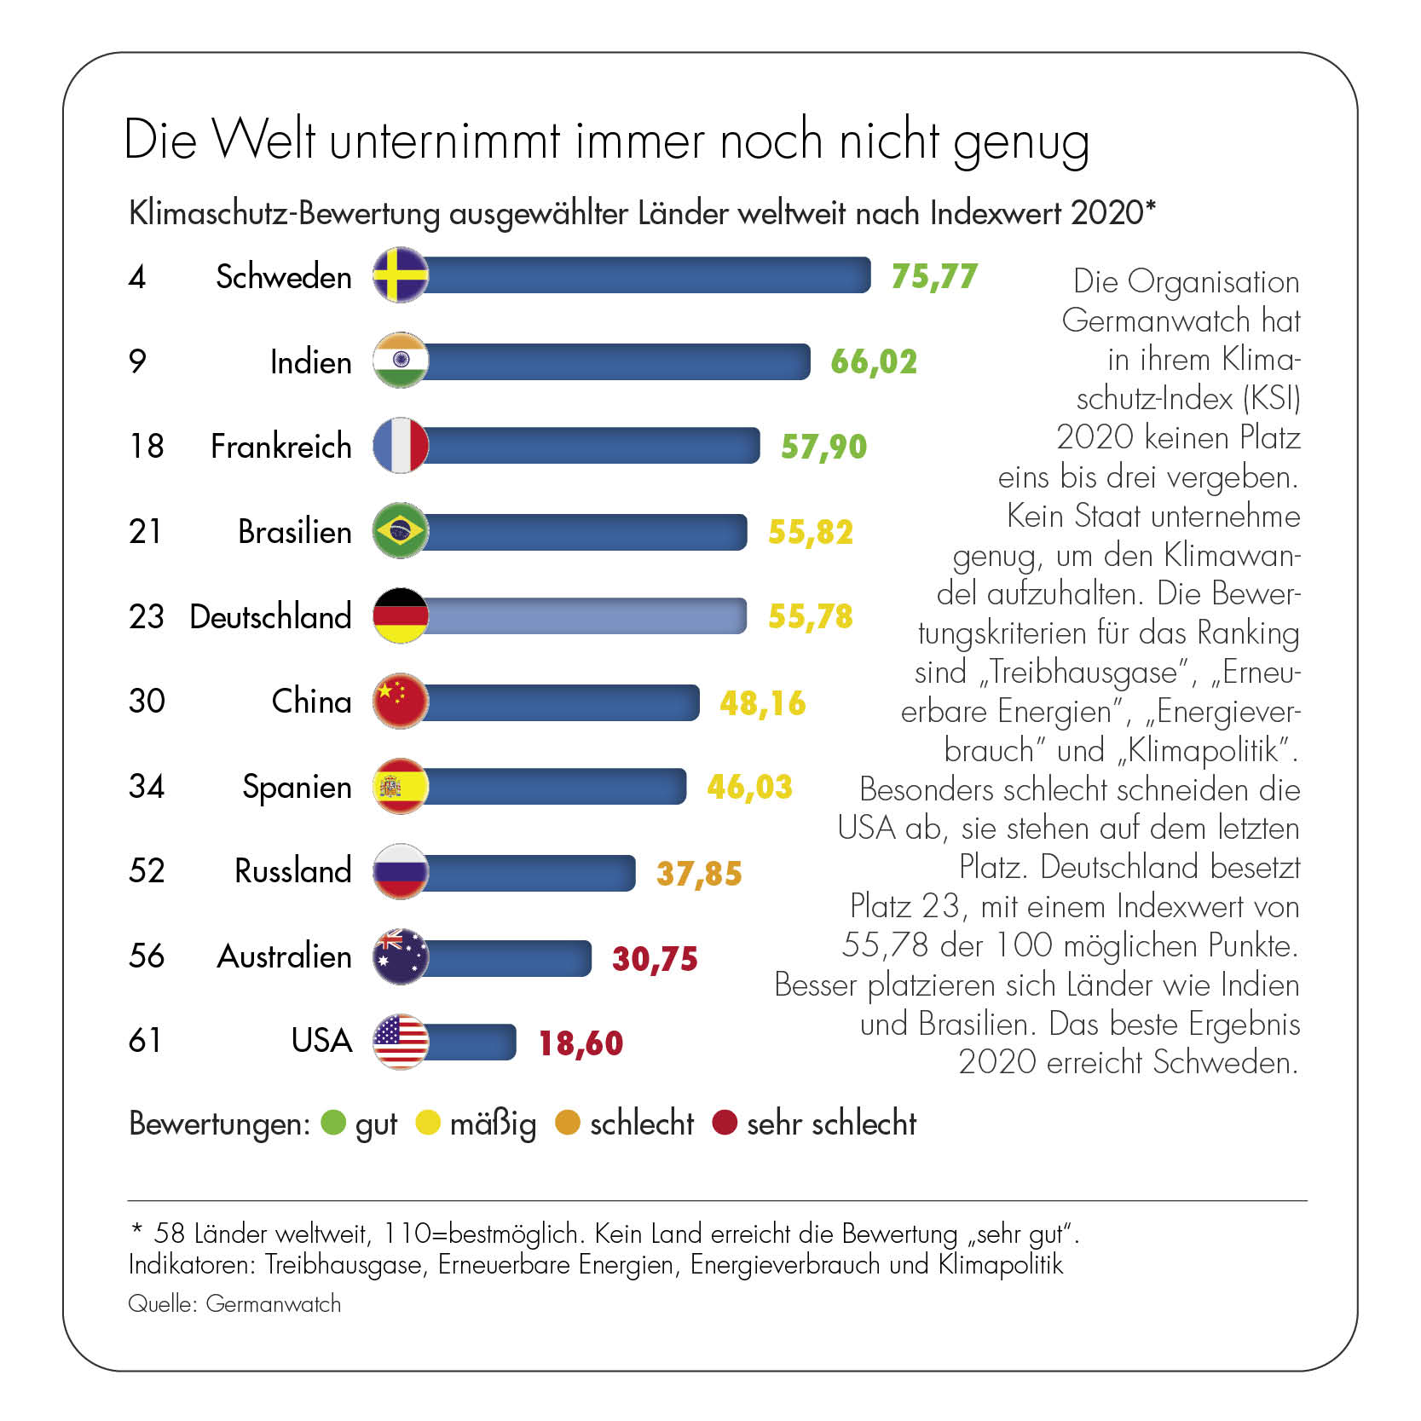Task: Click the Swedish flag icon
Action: pos(401,275)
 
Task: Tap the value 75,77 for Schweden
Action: pos(933,276)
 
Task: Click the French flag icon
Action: pos(401,445)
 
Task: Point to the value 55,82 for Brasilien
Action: pos(810,532)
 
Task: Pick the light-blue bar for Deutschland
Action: pos(585,615)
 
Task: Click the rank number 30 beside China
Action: pos(147,701)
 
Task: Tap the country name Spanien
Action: pos(297,786)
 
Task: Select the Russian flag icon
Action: pos(401,870)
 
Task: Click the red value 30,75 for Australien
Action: pos(655,958)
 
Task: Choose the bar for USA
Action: pos(470,1042)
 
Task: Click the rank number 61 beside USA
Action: pos(145,1040)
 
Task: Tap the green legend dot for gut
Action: pos(333,1123)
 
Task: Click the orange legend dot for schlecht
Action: pos(567,1123)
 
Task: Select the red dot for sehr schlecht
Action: pos(725,1123)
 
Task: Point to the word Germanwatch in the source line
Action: pos(273,1303)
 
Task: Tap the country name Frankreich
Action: pos(280,446)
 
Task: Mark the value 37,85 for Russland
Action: pos(699,873)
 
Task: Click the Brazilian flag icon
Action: pos(401,530)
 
